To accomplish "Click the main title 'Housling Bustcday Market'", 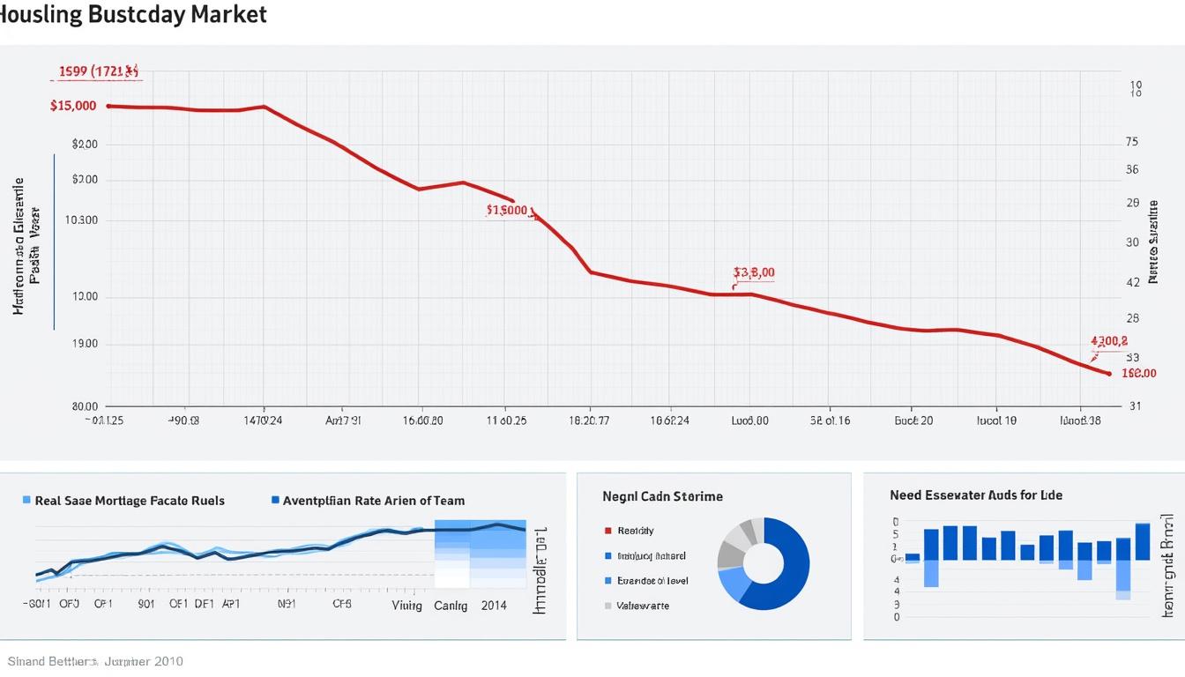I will click(133, 15).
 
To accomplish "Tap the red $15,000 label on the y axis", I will click(73, 106).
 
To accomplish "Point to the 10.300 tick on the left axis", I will click(82, 220).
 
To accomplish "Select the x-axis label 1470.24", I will click(263, 420).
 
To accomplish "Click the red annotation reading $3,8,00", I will click(754, 273).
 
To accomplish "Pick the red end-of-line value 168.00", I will click(1138, 373).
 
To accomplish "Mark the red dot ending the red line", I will click(1108, 374).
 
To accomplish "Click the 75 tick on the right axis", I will click(1132, 142).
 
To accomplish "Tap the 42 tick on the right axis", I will click(1132, 282).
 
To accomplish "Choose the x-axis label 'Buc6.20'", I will click(913, 420).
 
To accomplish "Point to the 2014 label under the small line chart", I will click(494, 606).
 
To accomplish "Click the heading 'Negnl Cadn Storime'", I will click(662, 496).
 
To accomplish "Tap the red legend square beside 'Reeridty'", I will click(607, 531).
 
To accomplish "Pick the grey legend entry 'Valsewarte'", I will click(642, 606).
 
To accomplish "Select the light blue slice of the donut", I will click(731, 584).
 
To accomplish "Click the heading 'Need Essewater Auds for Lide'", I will click(976, 495).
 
